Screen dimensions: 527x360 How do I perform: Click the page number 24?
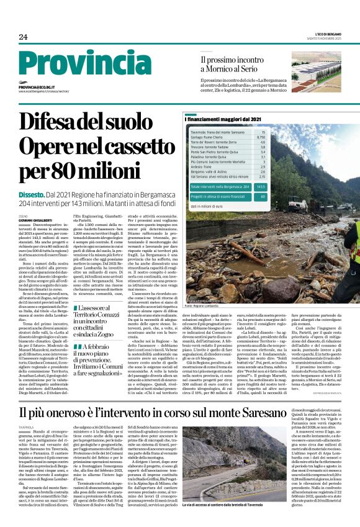pos(23,37)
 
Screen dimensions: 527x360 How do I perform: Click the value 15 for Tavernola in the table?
pos(263,132)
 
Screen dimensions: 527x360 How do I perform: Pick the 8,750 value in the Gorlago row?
pos(261,137)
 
